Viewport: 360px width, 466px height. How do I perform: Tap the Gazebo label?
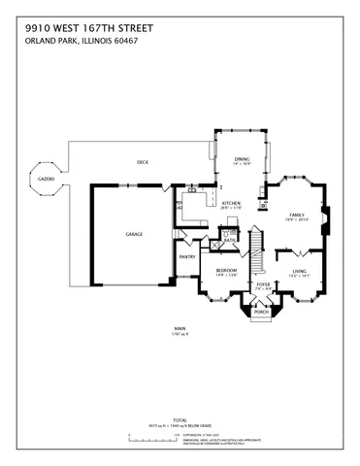coord(46,180)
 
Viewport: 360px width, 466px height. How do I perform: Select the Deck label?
coord(142,161)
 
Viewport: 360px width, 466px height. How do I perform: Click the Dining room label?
coord(242,159)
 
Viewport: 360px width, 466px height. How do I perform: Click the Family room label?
coord(296,216)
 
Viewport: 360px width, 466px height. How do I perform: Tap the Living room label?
coord(299,272)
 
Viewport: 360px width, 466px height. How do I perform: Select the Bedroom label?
coord(225,271)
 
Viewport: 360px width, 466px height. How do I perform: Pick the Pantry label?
coord(186,257)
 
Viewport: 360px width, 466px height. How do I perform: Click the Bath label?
coord(230,238)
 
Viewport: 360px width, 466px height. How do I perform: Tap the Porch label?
coord(261,313)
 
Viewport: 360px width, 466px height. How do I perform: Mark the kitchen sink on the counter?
coord(192,190)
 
